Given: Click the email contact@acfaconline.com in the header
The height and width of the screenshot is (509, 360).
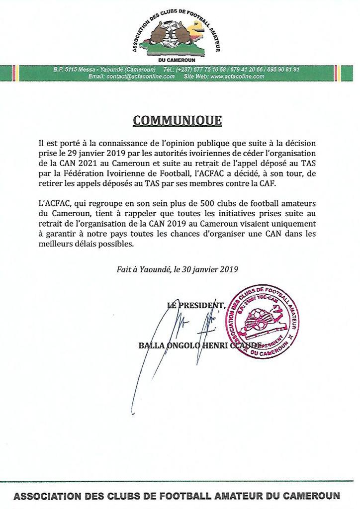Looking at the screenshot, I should click(131, 77).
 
